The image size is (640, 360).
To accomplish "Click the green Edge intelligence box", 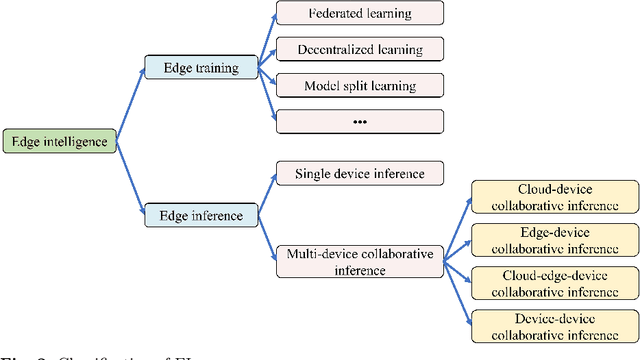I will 59,142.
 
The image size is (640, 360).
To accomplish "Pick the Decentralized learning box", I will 357,48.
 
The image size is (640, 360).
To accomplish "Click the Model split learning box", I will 357,85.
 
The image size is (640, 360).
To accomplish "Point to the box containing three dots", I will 357,121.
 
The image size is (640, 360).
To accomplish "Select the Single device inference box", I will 358,174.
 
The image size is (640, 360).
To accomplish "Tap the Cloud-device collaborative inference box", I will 554,196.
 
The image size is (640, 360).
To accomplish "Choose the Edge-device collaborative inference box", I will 554,238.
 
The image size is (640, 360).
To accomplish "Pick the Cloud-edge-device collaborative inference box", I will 554,281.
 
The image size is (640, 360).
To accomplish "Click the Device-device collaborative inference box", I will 554,324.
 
